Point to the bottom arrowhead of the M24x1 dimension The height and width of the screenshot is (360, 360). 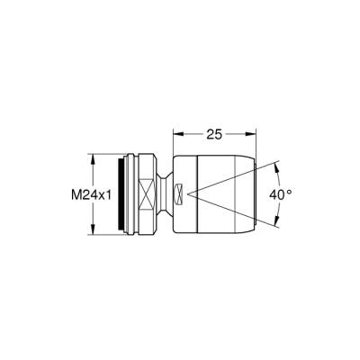coord(92,234)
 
